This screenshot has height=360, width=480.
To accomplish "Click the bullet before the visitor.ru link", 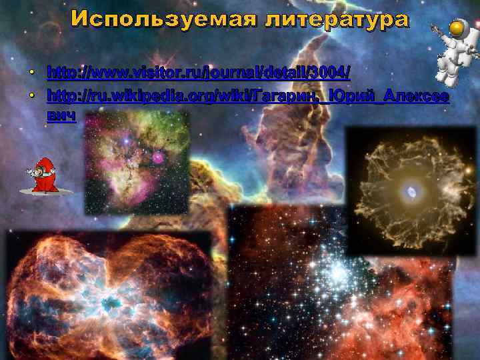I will coord(31,71).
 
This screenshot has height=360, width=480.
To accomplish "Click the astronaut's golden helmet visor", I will coord(457,29).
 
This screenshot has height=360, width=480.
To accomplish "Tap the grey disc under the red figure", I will coord(44,192).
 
